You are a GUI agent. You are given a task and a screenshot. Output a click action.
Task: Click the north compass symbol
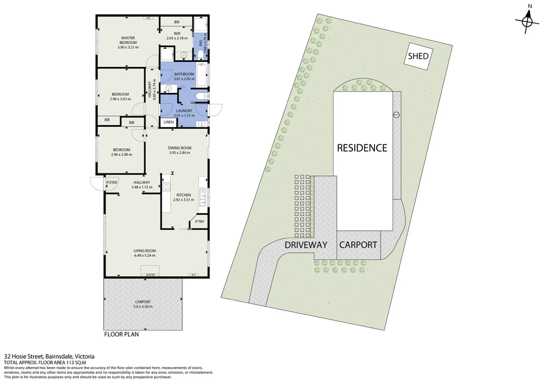527,20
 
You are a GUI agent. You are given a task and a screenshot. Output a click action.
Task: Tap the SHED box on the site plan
418,56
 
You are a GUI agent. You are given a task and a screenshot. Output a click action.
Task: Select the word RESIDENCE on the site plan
362,148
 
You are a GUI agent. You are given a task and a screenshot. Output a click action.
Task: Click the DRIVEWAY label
306,245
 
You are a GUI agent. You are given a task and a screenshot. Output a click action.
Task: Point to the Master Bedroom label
128,40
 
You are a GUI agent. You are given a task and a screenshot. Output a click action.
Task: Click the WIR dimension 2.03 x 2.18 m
177,38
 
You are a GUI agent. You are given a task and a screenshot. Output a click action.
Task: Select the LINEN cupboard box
168,122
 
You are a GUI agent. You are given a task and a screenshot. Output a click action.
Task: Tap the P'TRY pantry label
199,222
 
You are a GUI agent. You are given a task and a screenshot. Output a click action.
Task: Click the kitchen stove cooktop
166,187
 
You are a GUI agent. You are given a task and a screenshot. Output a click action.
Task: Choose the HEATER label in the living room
150,275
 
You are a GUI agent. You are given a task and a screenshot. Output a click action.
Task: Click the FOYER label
112,182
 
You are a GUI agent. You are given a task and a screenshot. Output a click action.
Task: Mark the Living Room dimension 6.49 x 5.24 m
145,256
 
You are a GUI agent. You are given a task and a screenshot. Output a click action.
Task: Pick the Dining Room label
179,148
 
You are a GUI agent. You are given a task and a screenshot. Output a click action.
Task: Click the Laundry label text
184,111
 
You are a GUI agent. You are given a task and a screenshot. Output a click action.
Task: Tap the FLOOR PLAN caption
121,334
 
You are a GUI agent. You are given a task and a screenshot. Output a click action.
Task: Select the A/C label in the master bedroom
148,18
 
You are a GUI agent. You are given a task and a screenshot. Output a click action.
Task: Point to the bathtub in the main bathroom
202,75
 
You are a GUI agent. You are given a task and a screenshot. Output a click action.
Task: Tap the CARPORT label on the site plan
358,245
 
